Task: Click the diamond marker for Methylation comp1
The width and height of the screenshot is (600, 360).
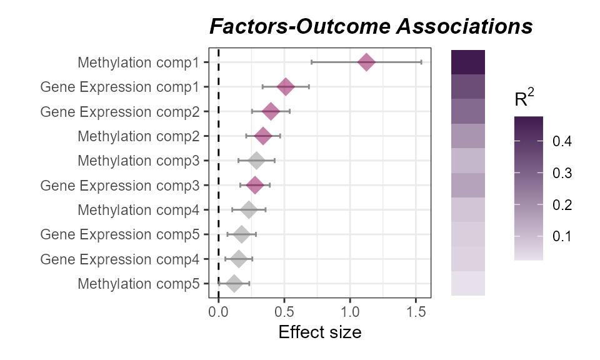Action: pos(366,62)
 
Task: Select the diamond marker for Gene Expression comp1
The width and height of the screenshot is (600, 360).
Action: pos(286,87)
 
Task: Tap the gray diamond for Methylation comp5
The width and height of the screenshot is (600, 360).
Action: pos(234,283)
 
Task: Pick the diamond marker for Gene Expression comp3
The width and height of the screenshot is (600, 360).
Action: pos(255,185)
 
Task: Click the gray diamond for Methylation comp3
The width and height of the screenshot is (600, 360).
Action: pos(256,161)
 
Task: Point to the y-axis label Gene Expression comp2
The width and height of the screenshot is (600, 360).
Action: pos(120,112)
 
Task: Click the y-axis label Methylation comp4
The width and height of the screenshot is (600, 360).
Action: pos(139,210)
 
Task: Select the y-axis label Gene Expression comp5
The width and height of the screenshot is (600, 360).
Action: pos(120,234)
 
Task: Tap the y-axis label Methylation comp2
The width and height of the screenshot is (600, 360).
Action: pos(139,136)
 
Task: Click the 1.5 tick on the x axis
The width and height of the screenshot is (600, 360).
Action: pos(416,311)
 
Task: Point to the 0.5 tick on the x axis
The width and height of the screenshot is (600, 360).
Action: pos(284,311)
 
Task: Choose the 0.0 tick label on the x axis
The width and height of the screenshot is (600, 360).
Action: pos(218,311)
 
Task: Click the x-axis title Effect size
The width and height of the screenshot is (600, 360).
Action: pos(319,332)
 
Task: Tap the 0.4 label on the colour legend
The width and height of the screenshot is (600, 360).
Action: pos(562,142)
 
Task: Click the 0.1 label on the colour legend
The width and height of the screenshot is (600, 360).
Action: pos(562,236)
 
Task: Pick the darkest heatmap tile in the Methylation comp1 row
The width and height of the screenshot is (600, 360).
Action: pos(468,62)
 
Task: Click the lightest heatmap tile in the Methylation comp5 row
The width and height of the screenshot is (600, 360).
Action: pos(468,283)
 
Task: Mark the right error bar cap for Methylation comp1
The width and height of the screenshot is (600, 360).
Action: pos(421,62)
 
